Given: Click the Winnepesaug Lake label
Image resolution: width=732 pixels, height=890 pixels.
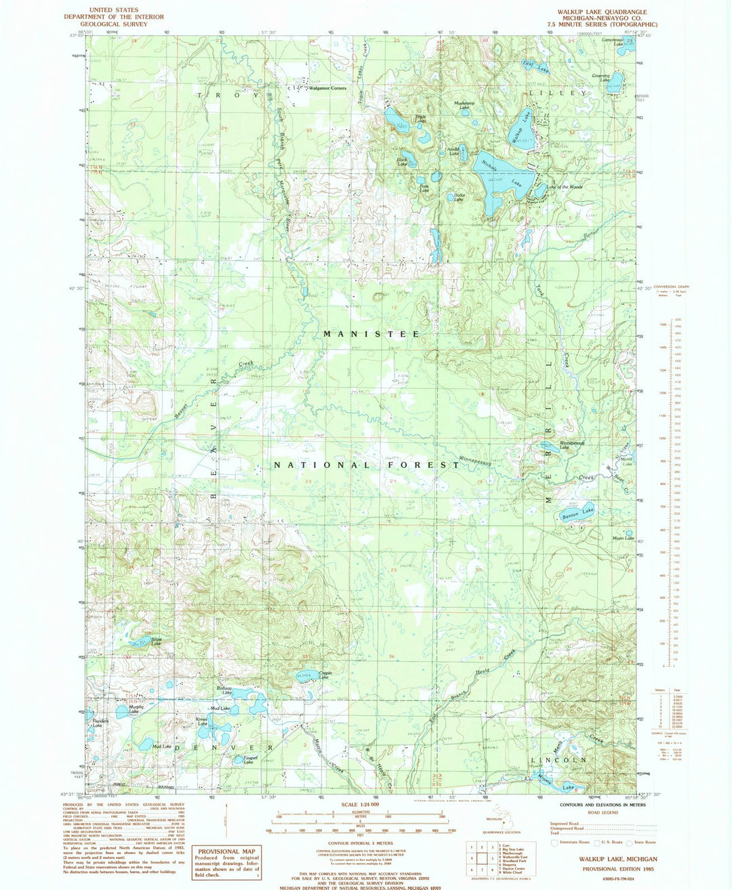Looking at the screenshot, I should click(x=571, y=445).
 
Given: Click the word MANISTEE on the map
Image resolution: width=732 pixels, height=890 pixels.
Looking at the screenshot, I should click(x=371, y=334).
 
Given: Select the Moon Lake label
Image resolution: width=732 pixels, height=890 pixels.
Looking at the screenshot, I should click(x=623, y=538).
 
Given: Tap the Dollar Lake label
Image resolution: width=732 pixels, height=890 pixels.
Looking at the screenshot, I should click(x=459, y=198).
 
